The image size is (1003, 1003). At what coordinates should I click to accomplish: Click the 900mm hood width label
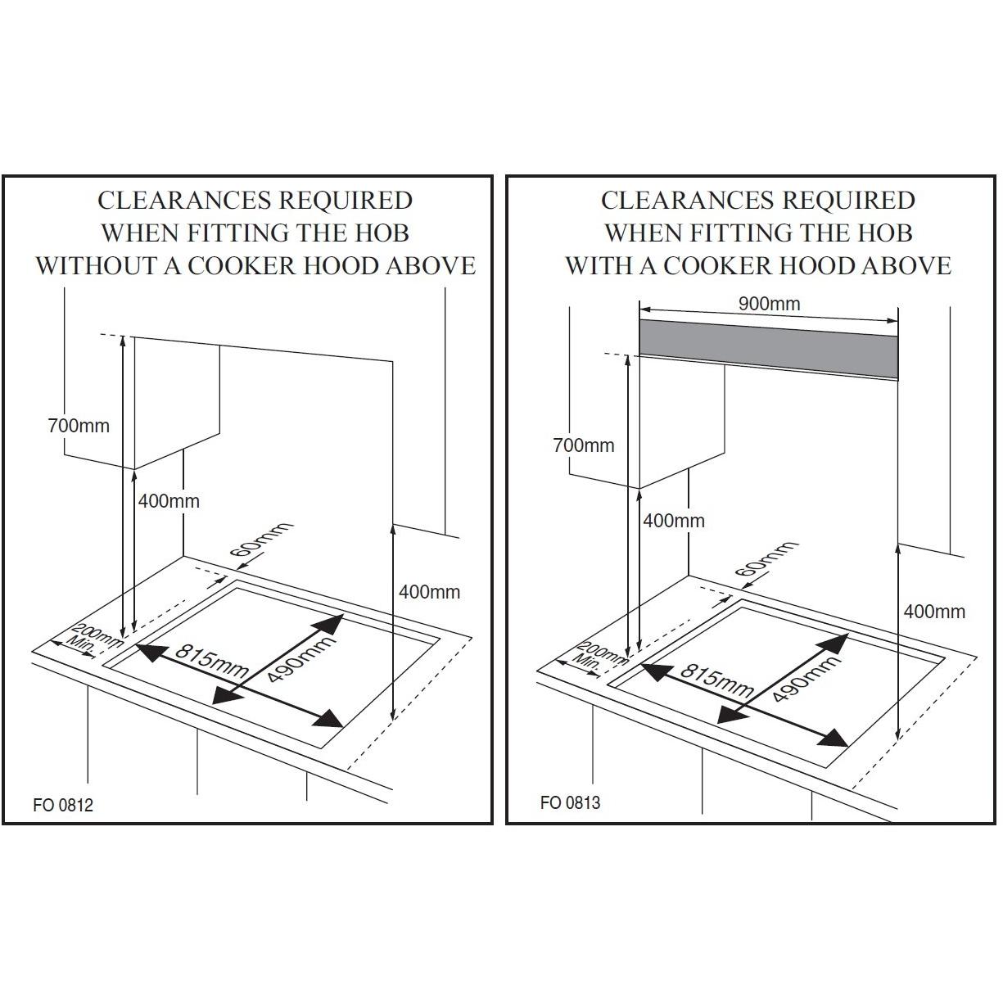769,304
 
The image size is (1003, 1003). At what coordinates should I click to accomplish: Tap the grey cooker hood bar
768,349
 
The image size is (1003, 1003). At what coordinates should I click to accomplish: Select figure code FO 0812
63,805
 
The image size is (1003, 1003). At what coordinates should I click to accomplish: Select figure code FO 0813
570,802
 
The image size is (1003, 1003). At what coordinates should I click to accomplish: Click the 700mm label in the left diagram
78,426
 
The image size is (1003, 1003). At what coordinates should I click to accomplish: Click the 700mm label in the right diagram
583,445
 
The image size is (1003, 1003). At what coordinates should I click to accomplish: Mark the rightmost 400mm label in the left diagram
429,592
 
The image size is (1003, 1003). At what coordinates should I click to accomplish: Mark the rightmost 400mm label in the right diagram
934,612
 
